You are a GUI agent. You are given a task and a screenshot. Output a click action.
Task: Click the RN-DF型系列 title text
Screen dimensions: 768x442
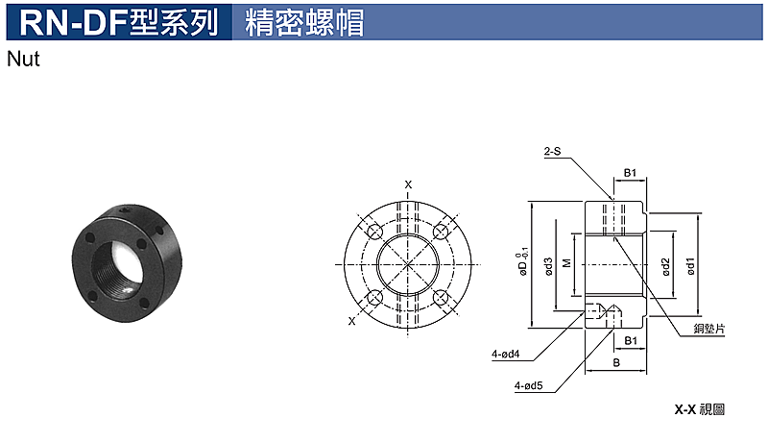pos(118,22)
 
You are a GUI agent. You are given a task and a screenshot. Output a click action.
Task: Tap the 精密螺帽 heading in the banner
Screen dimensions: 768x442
pos(304,22)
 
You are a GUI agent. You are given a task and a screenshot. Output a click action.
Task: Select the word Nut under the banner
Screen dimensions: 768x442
pos(23,60)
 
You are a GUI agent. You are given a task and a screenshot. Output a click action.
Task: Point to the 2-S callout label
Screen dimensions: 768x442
pos(552,152)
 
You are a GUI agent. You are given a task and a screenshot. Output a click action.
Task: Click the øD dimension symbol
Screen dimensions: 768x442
pos(523,268)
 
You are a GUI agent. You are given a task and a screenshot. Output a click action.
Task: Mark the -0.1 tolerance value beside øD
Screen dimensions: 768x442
pos(525,253)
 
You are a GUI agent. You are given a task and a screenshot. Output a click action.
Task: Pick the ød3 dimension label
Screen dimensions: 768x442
pos(548,266)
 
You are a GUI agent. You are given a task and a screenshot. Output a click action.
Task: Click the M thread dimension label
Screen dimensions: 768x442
pos(567,263)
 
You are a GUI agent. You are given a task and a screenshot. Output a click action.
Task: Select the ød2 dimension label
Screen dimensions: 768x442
pos(665,267)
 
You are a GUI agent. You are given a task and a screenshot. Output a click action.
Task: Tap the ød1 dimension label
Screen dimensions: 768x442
pos(690,266)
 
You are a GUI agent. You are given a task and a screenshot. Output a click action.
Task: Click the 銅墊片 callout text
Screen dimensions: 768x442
pos(709,329)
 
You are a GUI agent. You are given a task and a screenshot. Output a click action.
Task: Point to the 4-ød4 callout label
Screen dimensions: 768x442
pos(506,354)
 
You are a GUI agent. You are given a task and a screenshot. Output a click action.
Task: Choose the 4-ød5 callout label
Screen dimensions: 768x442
pos(529,385)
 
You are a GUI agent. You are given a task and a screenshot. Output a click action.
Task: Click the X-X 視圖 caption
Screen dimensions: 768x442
pos(700,409)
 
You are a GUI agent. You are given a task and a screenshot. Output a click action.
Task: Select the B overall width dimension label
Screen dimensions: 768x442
pos(616,362)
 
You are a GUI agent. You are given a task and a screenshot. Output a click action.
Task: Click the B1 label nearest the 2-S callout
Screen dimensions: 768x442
pos(630,173)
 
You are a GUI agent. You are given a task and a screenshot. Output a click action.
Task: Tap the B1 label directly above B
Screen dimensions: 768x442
pos(631,340)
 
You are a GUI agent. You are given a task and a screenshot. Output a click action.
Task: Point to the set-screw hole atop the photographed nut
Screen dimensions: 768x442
pos(126,210)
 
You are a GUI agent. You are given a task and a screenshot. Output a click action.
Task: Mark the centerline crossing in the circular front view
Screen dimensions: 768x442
pos(407,264)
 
